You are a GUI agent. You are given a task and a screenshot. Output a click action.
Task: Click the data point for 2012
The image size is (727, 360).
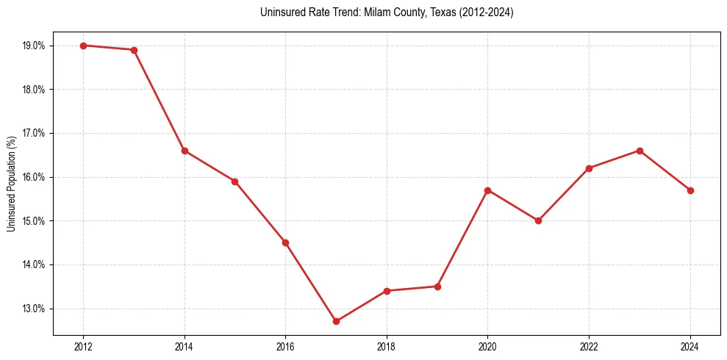click(x=83, y=46)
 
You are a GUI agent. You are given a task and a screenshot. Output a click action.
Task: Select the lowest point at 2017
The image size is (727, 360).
click(x=336, y=321)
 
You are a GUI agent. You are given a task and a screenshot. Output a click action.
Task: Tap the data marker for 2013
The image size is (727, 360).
click(x=134, y=50)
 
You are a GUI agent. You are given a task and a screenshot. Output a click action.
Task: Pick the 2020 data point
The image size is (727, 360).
click(x=488, y=190)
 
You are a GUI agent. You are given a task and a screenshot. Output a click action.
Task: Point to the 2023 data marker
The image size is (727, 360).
click(x=640, y=151)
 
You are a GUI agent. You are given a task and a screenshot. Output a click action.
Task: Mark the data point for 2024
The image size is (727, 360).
click(x=690, y=190)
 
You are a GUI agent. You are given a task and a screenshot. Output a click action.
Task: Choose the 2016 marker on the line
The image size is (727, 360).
click(x=285, y=242)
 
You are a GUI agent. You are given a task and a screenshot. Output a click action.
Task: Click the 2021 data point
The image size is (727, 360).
click(x=538, y=220)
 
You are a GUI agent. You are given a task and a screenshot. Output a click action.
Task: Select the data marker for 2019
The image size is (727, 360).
click(x=437, y=287)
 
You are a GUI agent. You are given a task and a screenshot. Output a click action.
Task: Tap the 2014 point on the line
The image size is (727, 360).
click(x=185, y=151)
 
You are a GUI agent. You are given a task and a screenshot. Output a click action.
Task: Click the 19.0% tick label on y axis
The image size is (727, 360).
click(x=34, y=46)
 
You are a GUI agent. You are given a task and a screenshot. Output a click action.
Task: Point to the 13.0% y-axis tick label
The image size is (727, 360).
click(x=34, y=309)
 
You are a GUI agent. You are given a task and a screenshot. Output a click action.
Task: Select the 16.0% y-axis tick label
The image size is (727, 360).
click(x=34, y=177)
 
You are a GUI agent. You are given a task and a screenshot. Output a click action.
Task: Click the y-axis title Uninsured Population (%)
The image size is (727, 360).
click(x=11, y=184)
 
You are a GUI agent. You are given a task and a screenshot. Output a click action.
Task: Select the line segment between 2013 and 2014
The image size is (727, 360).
click(x=160, y=101)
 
